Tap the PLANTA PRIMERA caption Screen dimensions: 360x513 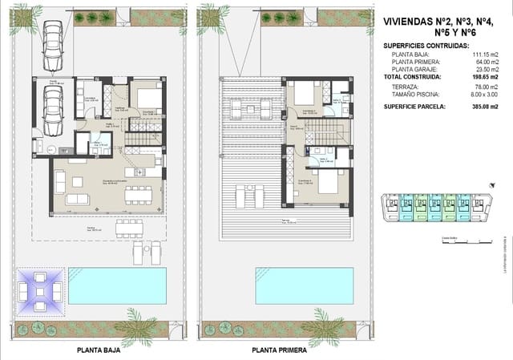coord(282,350)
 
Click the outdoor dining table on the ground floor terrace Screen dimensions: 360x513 coord(130,229)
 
